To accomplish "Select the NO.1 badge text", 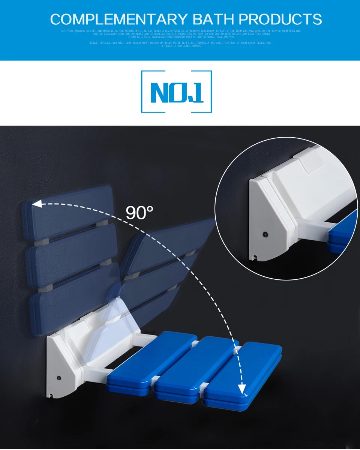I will [177, 92].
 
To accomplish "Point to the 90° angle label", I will [139, 213].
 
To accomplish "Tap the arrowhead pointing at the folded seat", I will [37, 204].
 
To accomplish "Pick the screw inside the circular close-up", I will [265, 234].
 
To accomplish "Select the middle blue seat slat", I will [195, 369].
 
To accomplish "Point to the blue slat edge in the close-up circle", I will [343, 232].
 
